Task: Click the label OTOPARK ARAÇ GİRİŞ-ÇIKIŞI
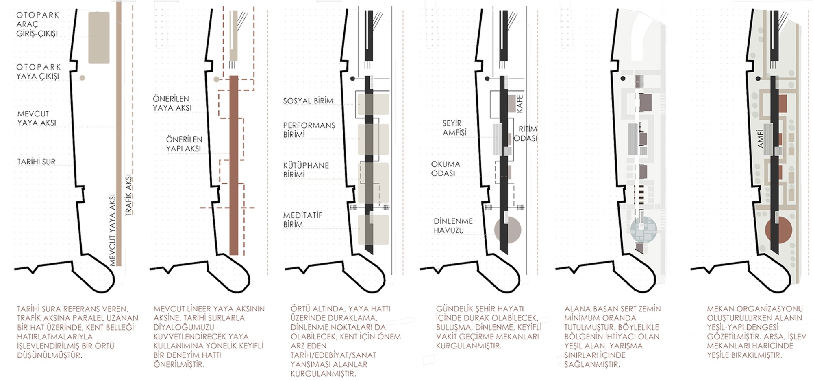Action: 38,24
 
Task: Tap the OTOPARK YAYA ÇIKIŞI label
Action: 38,72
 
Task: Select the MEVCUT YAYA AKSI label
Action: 36,118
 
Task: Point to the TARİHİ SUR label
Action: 36,162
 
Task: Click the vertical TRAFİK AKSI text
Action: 129,195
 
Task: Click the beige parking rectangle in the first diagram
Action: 99,37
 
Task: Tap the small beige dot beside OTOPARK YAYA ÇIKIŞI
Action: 82,78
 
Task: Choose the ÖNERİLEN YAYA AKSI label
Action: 172,103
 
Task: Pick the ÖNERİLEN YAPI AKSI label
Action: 184,144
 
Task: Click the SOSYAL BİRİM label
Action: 308,101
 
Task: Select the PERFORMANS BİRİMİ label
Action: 309,130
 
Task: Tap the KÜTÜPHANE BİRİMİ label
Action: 306,170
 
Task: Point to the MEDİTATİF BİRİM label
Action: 302,220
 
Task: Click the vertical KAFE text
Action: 520,104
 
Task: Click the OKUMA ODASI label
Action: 446,169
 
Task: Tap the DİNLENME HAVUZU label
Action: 453,226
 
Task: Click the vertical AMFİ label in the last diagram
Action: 761,139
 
